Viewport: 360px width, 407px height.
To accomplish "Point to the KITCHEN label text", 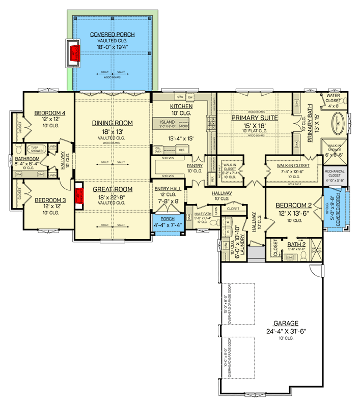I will click(x=181, y=106).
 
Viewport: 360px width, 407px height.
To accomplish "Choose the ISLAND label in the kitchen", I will click(x=167, y=123).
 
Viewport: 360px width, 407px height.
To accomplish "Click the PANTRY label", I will click(x=195, y=165).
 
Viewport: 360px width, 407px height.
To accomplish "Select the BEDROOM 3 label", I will click(x=50, y=200).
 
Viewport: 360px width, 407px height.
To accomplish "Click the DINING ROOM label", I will click(x=113, y=123).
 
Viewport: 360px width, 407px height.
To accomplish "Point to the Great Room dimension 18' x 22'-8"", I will click(x=113, y=196).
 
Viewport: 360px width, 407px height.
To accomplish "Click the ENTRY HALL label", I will click(x=168, y=189).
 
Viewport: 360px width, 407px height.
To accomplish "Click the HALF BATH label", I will click(x=203, y=215).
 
